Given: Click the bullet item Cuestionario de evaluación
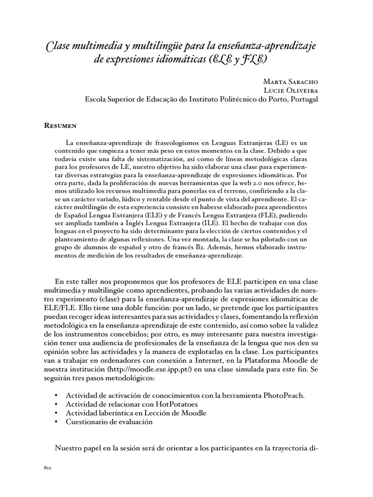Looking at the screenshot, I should click(109, 422).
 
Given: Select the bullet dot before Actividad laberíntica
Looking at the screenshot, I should click(58, 413).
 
